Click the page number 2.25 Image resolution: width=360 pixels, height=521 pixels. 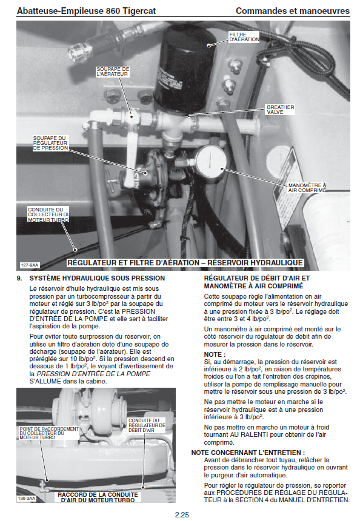click(x=182, y=515)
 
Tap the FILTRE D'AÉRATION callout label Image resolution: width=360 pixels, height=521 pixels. click(x=244, y=37)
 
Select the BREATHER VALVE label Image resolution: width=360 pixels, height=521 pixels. click(x=280, y=110)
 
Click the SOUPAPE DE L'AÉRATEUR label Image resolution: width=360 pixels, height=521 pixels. click(x=113, y=71)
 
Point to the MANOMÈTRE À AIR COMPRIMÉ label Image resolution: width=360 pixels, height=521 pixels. click(x=307, y=188)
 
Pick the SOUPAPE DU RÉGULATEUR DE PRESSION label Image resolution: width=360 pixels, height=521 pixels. click(x=50, y=143)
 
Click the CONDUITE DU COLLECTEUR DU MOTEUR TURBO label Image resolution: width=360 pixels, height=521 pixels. click(x=48, y=214)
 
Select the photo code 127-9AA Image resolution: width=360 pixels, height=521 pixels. click(x=30, y=265)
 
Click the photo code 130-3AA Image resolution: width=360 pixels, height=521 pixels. click(x=27, y=499)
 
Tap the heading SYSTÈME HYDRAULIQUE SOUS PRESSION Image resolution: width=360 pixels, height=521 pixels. click(x=97, y=279)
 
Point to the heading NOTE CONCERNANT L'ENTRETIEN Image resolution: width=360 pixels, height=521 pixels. click(x=248, y=453)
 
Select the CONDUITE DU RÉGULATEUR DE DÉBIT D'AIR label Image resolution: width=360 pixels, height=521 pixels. click(x=147, y=425)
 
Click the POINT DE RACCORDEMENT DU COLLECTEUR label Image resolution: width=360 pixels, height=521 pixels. click(x=49, y=433)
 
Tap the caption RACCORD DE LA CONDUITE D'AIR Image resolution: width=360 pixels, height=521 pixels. click(x=98, y=497)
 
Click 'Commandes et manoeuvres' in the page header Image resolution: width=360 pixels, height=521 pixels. click(x=293, y=11)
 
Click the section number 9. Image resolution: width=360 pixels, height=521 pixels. click(x=19, y=279)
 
